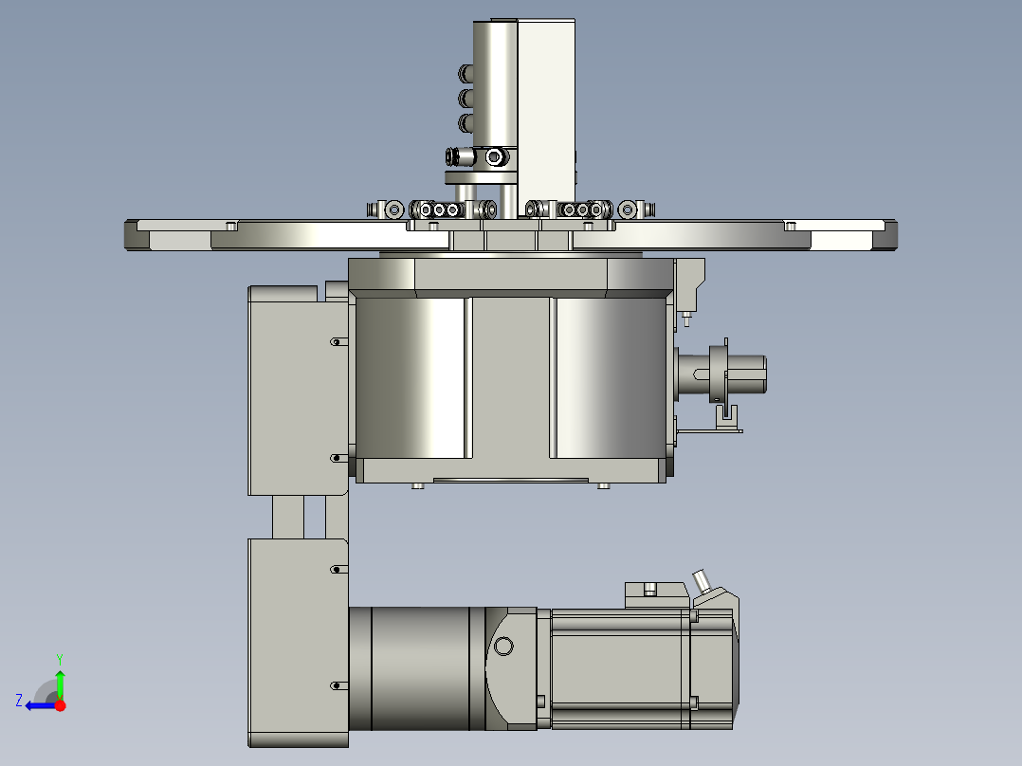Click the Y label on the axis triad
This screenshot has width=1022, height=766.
click(x=59, y=657)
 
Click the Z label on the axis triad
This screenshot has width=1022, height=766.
click(x=19, y=700)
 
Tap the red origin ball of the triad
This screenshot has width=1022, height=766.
click(x=60, y=705)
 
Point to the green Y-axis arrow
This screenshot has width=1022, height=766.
click(x=60, y=683)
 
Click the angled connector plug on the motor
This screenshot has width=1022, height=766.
click(x=703, y=580)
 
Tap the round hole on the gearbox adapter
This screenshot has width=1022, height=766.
click(x=503, y=647)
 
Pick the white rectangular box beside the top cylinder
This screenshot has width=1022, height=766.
click(x=546, y=104)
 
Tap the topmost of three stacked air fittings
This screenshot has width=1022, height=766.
click(x=466, y=74)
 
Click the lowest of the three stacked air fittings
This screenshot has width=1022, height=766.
click(x=466, y=122)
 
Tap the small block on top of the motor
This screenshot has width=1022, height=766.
click(x=655, y=594)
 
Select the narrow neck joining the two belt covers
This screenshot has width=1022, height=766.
click(x=299, y=517)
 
